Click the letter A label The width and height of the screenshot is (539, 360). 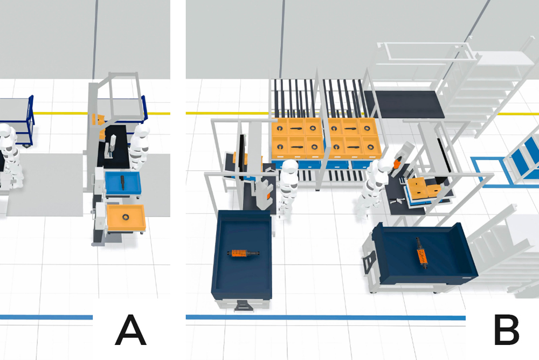[x=130, y=330]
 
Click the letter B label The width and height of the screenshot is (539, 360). [x=507, y=330]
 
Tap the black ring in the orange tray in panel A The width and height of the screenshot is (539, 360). [x=126, y=217]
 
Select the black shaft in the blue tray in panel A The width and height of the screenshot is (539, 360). [x=123, y=182]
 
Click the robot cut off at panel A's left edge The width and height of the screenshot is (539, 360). [x=8, y=156]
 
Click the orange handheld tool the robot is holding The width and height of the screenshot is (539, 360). [x=397, y=162]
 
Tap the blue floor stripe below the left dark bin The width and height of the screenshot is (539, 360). [x=323, y=317]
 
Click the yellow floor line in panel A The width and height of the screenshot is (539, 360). [x=59, y=113]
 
